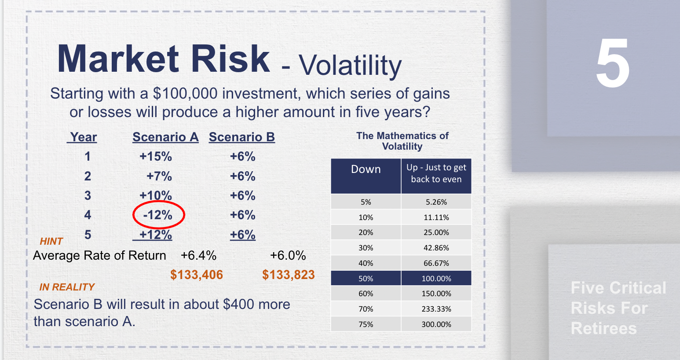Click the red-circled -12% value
point(158,215)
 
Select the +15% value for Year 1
point(156,157)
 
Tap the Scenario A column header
point(165,137)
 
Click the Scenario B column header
point(241,137)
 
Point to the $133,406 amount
point(197,275)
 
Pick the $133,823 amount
point(289,275)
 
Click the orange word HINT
point(51,241)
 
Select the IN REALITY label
point(67,287)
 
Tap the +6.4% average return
point(198,256)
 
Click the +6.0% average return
point(288,256)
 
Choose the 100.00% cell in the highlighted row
point(436,279)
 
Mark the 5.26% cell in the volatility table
point(436,202)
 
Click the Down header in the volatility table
point(366,169)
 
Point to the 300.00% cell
point(436,324)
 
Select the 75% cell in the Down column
point(366,324)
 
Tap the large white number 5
point(613,64)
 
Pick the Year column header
point(83,137)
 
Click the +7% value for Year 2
point(159,176)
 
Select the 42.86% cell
point(436,248)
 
